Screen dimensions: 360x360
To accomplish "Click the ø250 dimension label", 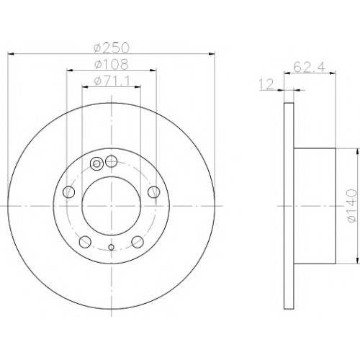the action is click(x=112, y=48).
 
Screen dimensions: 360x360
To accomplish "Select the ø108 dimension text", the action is click(x=112, y=64).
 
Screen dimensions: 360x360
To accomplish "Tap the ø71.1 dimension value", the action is click(x=112, y=81).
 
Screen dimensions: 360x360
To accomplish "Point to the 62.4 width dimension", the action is click(x=310, y=67).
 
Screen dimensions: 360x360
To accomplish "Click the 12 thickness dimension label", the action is click(x=266, y=84).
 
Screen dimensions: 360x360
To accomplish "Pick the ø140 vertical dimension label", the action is click(x=351, y=206).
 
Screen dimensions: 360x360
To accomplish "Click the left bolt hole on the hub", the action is click(x=68, y=192).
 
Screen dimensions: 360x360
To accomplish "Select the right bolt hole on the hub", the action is click(x=154, y=192).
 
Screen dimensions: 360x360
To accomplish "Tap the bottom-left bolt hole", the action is click(x=85, y=242).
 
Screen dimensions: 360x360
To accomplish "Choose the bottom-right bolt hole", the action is click(x=138, y=242).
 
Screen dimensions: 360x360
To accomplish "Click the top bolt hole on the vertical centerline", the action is click(x=111, y=161).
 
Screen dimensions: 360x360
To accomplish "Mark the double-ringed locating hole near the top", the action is click(x=96, y=164).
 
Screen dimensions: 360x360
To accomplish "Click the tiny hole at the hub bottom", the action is click(x=111, y=247).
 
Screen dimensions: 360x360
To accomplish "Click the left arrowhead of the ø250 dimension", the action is click(x=11, y=54).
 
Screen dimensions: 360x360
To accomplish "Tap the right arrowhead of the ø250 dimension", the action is click(x=212, y=54).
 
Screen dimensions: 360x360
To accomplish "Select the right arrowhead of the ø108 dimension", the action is click(x=153, y=70).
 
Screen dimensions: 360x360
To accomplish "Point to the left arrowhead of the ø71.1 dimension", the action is click(x=85, y=86).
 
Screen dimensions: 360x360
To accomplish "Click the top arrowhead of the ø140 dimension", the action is click(x=358, y=151).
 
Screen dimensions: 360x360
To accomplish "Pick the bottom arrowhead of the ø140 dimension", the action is click(x=358, y=261).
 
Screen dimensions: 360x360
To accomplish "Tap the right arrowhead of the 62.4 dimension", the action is click(x=333, y=73).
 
